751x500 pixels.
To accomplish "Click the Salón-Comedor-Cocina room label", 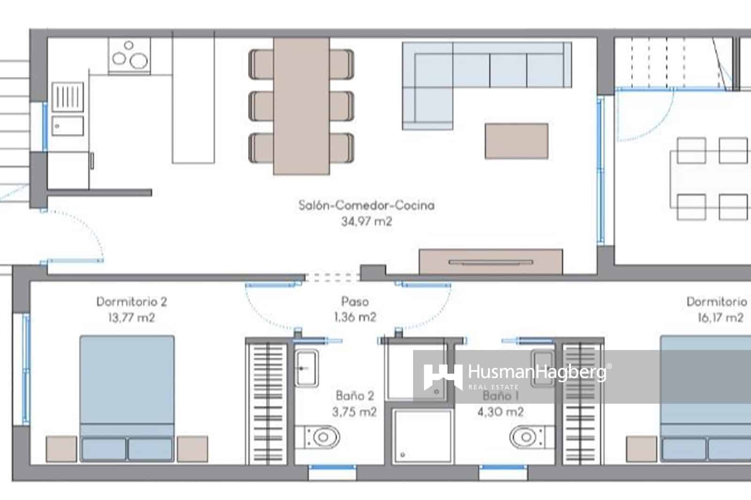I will (366, 205).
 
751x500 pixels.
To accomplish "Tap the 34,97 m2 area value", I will (366, 221).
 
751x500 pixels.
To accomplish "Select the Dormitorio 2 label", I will (131, 302).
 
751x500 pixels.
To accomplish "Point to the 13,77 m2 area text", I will (131, 318).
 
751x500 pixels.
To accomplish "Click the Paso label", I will (355, 302).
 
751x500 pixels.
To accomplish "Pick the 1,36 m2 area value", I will (355, 317).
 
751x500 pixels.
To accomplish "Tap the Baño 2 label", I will (355, 395).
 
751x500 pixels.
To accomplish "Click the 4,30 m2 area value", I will (500, 412).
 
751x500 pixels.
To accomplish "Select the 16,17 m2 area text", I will (720, 318).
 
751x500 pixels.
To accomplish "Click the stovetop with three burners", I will (130, 56).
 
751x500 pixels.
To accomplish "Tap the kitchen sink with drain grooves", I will (68, 97).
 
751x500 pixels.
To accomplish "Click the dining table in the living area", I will (301, 106).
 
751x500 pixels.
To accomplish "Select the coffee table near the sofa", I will (516, 141).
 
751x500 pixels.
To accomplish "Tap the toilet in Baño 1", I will (529, 438).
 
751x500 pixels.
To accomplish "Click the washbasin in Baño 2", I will (306, 368).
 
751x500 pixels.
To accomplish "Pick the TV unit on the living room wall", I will (490, 262).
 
